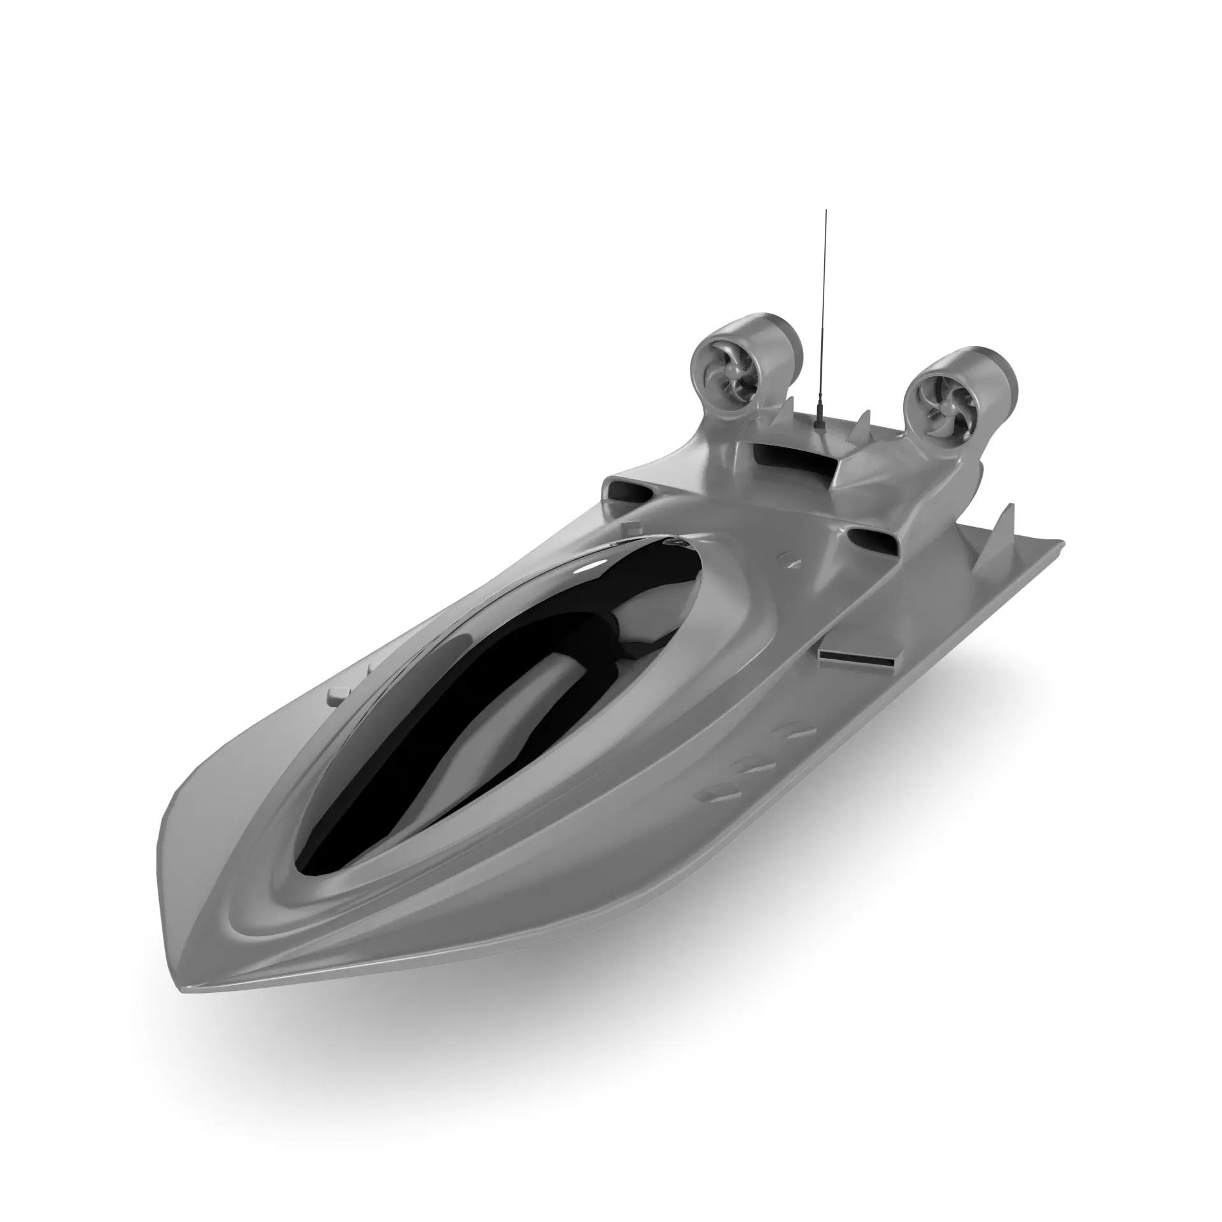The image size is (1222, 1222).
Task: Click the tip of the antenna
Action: pos(826,211)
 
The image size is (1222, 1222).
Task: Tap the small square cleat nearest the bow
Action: pos(339,696)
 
